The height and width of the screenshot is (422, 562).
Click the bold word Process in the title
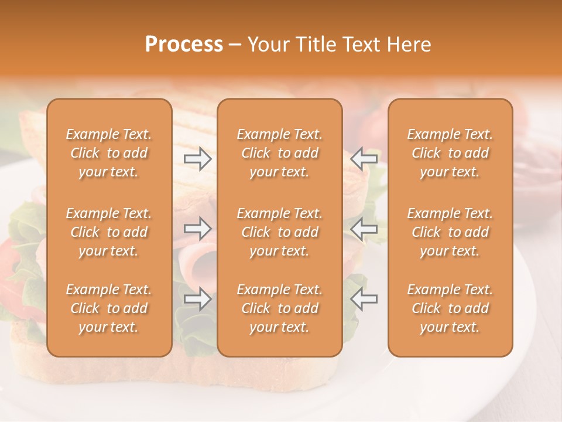(184, 45)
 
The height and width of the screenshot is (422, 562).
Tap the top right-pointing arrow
(198, 158)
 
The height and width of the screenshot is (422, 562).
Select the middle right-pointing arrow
(198, 229)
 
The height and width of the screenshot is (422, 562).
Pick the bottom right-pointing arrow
(198, 299)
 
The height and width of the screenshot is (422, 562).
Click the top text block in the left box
(109, 153)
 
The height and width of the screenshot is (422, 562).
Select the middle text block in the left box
(109, 232)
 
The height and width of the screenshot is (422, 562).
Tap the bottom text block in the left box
(109, 308)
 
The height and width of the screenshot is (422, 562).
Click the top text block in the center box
(279, 153)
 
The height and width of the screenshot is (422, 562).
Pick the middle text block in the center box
(279, 232)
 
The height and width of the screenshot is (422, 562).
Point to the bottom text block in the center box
(279, 308)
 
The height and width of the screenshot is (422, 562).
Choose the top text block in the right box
(450, 153)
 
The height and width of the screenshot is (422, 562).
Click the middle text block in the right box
(450, 232)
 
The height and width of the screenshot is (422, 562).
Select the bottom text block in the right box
(450, 308)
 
